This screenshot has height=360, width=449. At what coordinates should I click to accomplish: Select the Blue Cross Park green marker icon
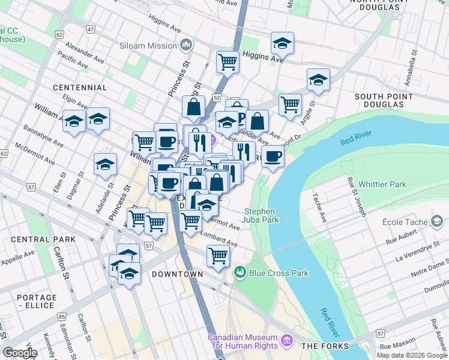pyautogui.click(x=241, y=272)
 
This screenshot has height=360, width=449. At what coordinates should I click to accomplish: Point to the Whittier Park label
pyautogui.click(x=382, y=184)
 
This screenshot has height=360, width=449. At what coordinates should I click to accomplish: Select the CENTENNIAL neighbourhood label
pyautogui.click(x=79, y=88)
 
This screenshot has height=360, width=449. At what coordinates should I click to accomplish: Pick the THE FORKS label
pyautogui.click(x=325, y=346)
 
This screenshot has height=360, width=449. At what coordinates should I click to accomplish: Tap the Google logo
pyautogui.click(x=20, y=353)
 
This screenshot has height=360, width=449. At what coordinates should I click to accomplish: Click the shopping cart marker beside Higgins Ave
pyautogui.click(x=228, y=61)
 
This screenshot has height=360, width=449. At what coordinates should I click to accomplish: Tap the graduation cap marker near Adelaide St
pyautogui.click(x=105, y=164)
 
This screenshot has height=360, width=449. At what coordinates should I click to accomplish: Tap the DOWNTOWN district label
pyautogui.click(x=177, y=274)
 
